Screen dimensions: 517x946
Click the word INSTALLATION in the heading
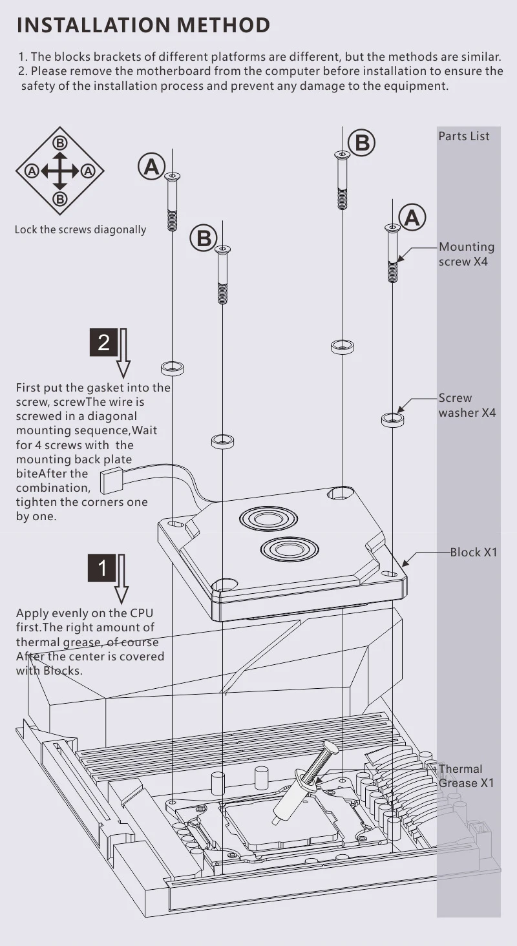pyautogui.click(x=93, y=25)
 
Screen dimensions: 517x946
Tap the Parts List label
pyautogui.click(x=464, y=136)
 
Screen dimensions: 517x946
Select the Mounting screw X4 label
pyautogui.click(x=467, y=254)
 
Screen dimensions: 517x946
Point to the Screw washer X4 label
pyautogui.click(x=467, y=405)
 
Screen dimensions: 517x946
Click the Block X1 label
pyautogui.click(x=474, y=552)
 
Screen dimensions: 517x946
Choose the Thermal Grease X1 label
pyautogui.click(x=466, y=775)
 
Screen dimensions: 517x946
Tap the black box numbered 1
pyautogui.click(x=102, y=568)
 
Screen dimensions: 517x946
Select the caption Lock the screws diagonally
pyautogui.click(x=80, y=229)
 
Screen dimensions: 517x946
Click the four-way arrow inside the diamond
pyautogui.click(x=60, y=171)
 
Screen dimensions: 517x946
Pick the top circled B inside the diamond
pyautogui.click(x=60, y=143)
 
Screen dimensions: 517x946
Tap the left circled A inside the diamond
pyautogui.click(x=32, y=171)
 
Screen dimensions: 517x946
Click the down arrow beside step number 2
pyautogui.click(x=123, y=353)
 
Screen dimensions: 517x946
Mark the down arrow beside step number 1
pyautogui.click(x=121, y=579)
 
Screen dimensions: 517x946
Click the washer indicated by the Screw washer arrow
pyautogui.click(x=392, y=419)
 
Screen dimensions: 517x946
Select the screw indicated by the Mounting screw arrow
pyautogui.click(x=392, y=253)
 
